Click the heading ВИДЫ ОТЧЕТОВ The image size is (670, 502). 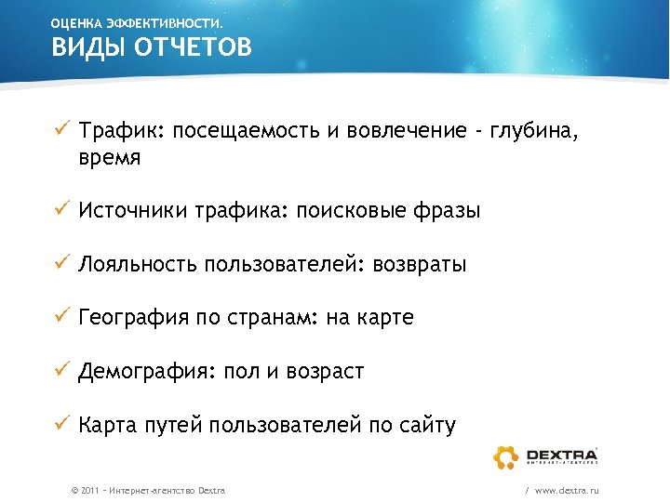click(x=151, y=47)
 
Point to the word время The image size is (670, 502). click(x=110, y=158)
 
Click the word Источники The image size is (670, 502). click(x=132, y=211)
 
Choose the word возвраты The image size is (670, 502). click(x=419, y=265)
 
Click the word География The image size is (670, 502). click(x=132, y=319)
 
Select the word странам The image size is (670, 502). click(x=271, y=319)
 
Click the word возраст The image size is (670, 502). click(x=325, y=373)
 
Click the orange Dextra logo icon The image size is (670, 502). click(x=506, y=456)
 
